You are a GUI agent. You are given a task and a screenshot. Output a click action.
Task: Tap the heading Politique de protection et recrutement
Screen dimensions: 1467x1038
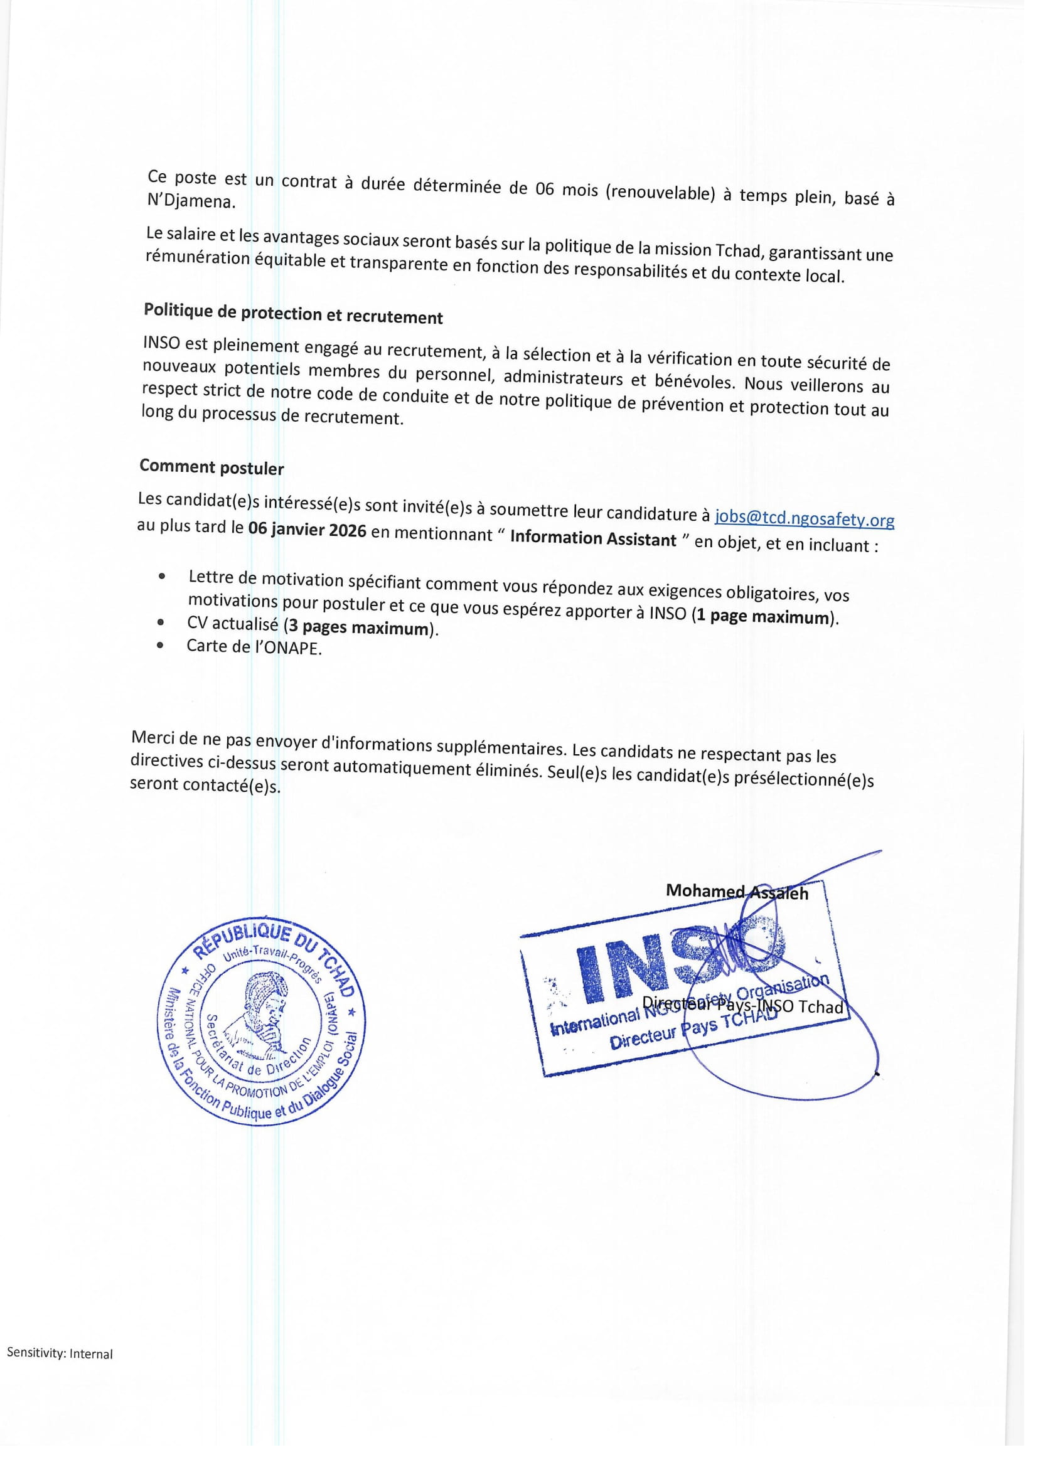(x=292, y=313)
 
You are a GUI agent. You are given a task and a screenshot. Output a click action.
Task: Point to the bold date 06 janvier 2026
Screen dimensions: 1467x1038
(x=308, y=531)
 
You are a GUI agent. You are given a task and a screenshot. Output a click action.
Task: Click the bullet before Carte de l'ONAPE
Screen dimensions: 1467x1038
(x=161, y=645)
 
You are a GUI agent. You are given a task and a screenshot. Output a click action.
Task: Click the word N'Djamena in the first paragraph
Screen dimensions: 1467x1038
(x=191, y=201)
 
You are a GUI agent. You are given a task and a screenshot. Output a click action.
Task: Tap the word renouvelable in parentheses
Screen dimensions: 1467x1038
(x=661, y=193)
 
